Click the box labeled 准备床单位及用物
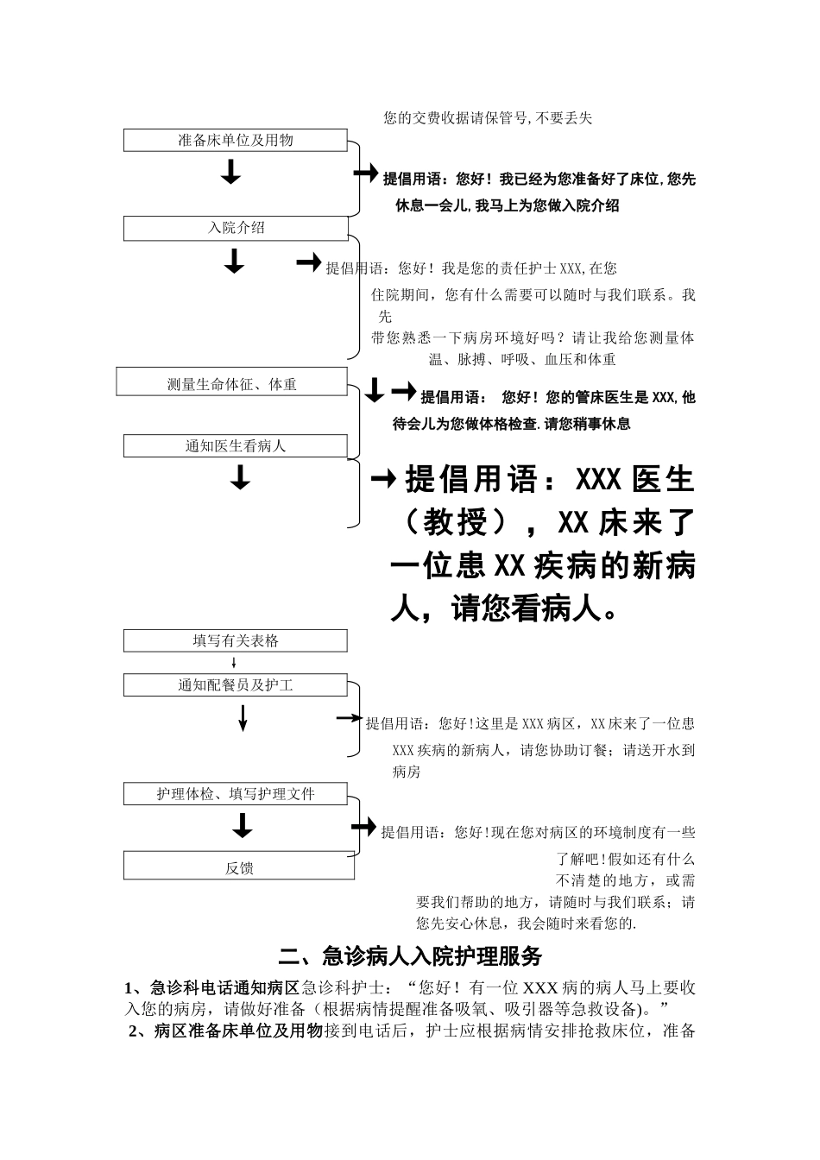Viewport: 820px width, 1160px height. pyautogui.click(x=235, y=140)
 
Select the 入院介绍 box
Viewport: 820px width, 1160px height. pyautogui.click(x=235, y=228)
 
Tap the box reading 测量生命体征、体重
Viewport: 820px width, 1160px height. pyautogui.click(x=231, y=384)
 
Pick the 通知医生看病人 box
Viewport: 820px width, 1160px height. pyautogui.click(x=235, y=446)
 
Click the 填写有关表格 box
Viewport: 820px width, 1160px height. pyautogui.click(x=235, y=640)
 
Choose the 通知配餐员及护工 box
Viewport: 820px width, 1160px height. pyautogui.click(x=235, y=685)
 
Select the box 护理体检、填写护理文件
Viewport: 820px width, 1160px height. pyautogui.click(x=235, y=794)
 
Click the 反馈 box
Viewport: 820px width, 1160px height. pyautogui.click(x=238, y=867)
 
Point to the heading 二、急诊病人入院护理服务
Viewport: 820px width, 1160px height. pyautogui.click(x=410, y=956)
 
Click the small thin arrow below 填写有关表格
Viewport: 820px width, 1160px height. pyautogui.click(x=234, y=663)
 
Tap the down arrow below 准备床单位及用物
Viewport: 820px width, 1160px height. pyautogui.click(x=230, y=173)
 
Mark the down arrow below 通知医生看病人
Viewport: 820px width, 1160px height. pyautogui.click(x=240, y=477)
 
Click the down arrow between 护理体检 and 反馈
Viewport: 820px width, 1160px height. pyautogui.click(x=243, y=827)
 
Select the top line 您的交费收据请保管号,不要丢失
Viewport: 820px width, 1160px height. pyautogui.click(x=488, y=118)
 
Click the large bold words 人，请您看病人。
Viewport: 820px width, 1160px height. pyautogui.click(x=504, y=610)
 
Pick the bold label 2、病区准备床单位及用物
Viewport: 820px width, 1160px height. pyautogui.click(x=225, y=1031)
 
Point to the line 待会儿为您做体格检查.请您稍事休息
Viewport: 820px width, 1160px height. pyautogui.click(x=512, y=424)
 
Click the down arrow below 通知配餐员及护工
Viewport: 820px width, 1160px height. pyautogui.click(x=243, y=717)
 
